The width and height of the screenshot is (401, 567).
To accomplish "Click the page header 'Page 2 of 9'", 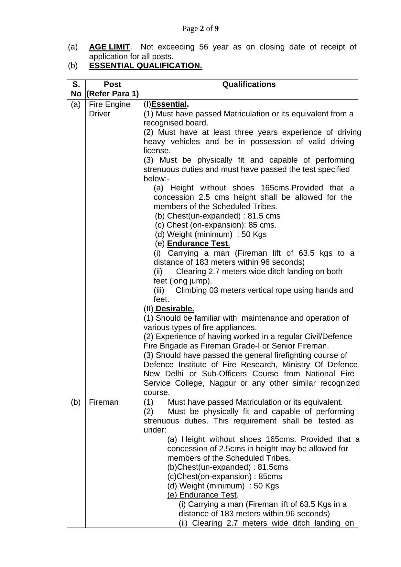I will tap(200, 29).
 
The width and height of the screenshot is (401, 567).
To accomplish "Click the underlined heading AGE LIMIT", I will tap(109, 47).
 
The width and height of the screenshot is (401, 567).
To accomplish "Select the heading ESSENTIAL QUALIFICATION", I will tap(146, 66).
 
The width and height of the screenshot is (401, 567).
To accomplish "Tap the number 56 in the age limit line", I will tap(203, 47).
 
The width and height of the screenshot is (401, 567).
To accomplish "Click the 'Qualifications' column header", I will tap(249, 85).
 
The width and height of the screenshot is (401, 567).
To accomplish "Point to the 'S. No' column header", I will tap(76, 89).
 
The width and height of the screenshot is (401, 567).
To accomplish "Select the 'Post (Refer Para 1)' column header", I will tap(113, 89).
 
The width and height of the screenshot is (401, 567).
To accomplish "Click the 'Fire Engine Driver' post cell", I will tap(109, 109).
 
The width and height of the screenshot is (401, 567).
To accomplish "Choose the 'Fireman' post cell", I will tap(103, 402).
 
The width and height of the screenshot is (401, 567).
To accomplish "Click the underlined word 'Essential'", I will tap(169, 104).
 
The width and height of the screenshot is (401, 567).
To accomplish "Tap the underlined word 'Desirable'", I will tap(175, 309).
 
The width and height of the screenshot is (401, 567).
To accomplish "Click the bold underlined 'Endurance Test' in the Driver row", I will tap(198, 243).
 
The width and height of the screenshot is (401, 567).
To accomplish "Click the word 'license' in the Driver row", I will tap(157, 151).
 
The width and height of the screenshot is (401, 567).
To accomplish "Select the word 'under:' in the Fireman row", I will tap(155, 430).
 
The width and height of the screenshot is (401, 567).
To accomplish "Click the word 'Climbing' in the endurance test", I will tap(190, 290).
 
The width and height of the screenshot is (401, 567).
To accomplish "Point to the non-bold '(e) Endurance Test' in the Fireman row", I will tap(202, 495).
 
